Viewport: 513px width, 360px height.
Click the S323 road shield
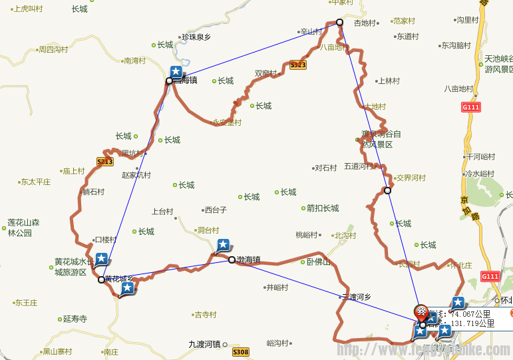coord(297,65)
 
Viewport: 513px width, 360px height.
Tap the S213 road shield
coord(104,162)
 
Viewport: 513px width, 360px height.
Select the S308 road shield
coord(240,352)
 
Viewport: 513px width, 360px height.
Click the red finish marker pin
coord(421,311)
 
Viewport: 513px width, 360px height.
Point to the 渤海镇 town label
coord(249,260)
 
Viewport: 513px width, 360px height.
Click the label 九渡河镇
coord(204,344)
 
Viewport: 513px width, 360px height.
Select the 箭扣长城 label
coord(322,208)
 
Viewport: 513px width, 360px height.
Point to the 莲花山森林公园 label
coord(24,228)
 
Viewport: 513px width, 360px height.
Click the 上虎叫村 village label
coord(27,9)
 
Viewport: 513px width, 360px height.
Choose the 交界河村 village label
coord(410,178)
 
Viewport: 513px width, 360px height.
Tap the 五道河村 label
coord(359,166)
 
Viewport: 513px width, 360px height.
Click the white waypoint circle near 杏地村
coord(339,23)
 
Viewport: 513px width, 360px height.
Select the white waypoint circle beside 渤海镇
coord(232,260)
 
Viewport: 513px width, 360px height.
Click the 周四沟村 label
coord(53,49)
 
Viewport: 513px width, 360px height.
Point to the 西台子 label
coord(215,210)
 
